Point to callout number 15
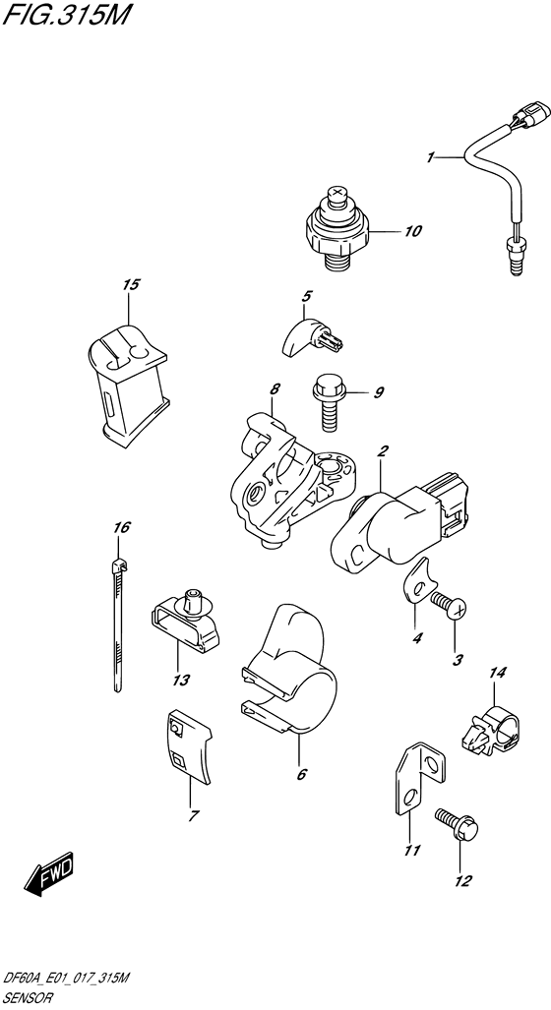[x=131, y=284]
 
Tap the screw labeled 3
[x=451, y=606]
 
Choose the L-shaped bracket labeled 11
[x=419, y=779]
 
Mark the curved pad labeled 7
[x=189, y=747]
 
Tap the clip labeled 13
[x=186, y=619]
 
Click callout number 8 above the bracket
[x=275, y=389]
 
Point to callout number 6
[x=301, y=774]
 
